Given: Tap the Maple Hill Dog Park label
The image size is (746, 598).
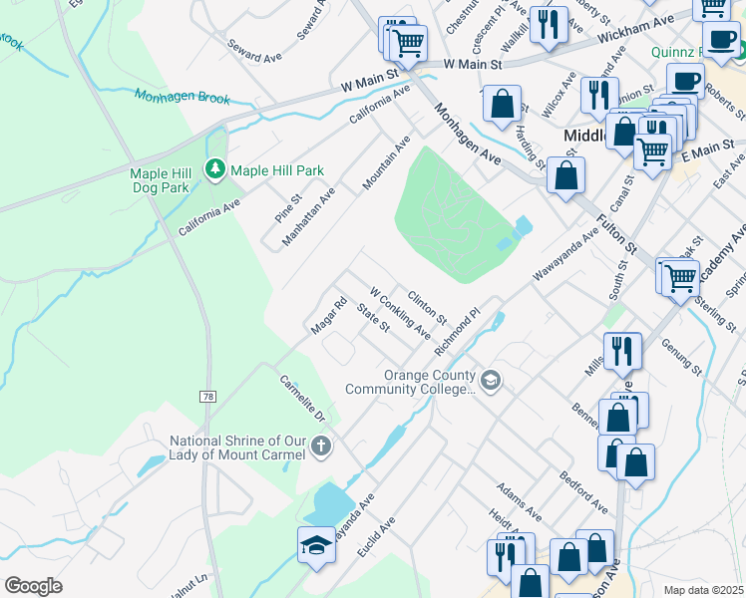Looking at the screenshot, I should pyautogui.click(x=160, y=180).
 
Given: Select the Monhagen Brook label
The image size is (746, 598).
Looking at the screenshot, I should pyautogui.click(x=183, y=97).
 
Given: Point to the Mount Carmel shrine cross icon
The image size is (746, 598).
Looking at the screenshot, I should pyautogui.click(x=321, y=447).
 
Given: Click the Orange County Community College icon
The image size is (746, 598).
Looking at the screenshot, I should pyautogui.click(x=490, y=380).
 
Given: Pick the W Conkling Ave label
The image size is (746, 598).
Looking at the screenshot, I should pyautogui.click(x=400, y=312).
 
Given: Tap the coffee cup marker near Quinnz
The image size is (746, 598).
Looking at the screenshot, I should pyautogui.click(x=685, y=81).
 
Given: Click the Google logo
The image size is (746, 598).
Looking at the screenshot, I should pyautogui.click(x=33, y=586).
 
